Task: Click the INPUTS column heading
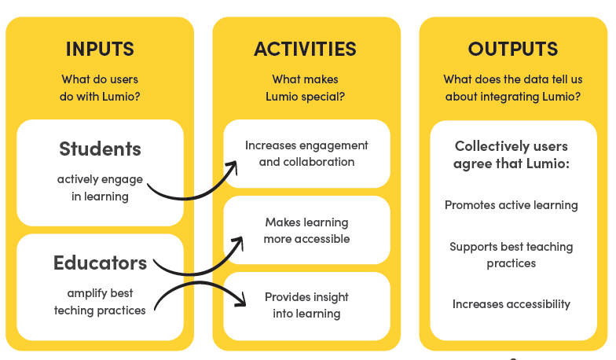pyautogui.click(x=100, y=49)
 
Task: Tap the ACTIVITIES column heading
pyautogui.click(x=305, y=49)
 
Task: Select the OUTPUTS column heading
pyautogui.click(x=512, y=49)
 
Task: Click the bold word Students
pyautogui.click(x=101, y=149)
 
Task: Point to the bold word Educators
pyautogui.click(x=101, y=263)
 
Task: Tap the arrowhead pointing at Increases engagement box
pyautogui.click(x=233, y=167)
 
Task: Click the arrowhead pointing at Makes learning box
pyautogui.click(x=238, y=242)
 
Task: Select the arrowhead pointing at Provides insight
pyautogui.click(x=240, y=299)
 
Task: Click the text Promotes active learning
pyautogui.click(x=511, y=205)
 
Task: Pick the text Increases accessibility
pyautogui.click(x=511, y=304)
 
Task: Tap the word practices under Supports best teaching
pyautogui.click(x=511, y=263)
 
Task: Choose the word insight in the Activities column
pyautogui.click(x=328, y=297)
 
